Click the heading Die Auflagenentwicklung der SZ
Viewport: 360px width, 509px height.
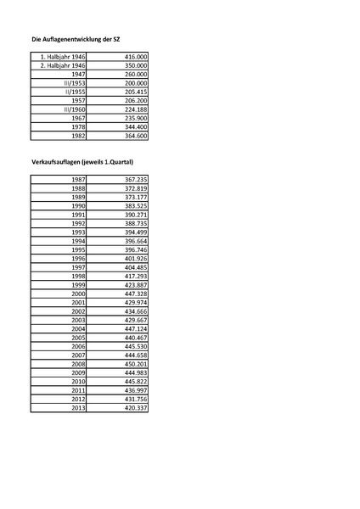[75, 39]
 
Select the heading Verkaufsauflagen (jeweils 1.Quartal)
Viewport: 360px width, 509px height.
[82, 161]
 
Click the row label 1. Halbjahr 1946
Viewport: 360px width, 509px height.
[62, 55]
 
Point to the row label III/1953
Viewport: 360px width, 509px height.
[74, 83]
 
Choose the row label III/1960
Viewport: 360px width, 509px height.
[74, 109]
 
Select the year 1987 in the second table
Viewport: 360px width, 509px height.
[78, 180]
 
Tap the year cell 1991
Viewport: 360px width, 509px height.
[78, 215]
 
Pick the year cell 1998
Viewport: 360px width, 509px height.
[78, 276]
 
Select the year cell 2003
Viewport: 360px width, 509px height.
[78, 320]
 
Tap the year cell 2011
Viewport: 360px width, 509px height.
[78, 390]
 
